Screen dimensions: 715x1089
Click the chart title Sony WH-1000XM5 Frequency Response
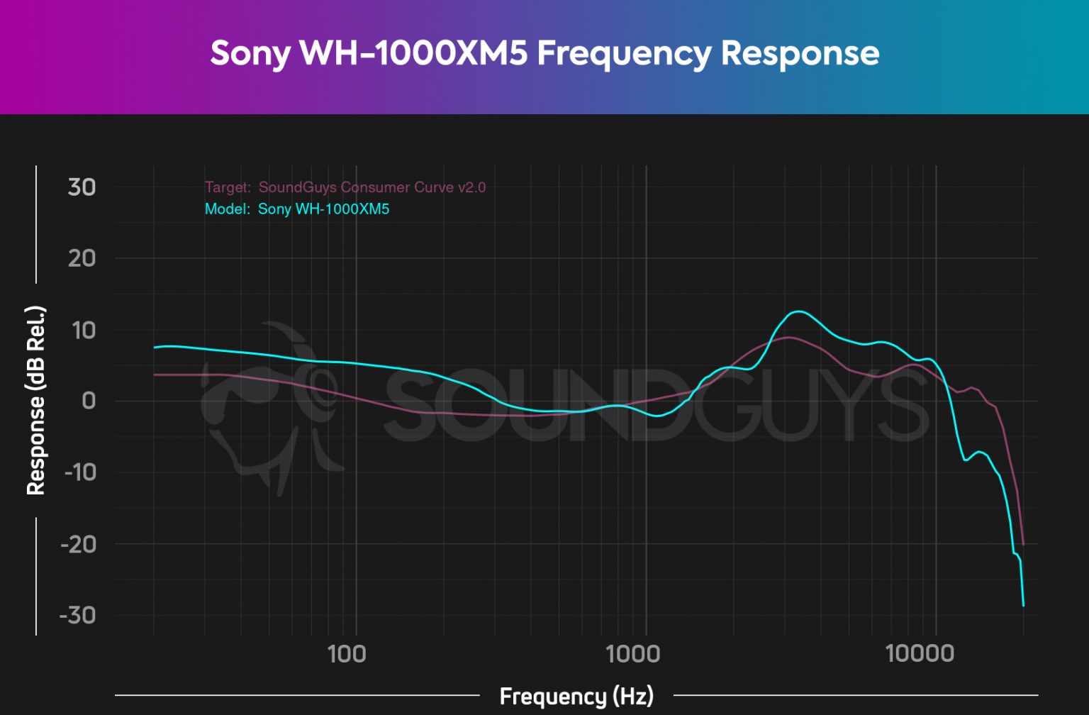(544, 54)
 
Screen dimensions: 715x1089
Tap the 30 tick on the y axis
(82, 187)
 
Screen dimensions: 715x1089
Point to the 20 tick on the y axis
(82, 258)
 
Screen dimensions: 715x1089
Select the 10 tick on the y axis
(82, 330)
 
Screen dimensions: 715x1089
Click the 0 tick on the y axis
(89, 401)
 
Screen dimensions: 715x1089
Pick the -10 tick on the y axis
(79, 472)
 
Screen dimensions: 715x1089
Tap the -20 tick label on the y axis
(78, 544)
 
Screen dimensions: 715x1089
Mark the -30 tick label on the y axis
(78, 615)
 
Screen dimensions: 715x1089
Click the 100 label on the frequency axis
(346, 653)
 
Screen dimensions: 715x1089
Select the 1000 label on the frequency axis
(632, 653)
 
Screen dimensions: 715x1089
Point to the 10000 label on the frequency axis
(919, 653)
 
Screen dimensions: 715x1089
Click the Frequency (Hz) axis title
(576, 696)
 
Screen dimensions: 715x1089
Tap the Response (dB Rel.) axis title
(35, 401)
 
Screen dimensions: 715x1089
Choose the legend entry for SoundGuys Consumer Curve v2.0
(345, 187)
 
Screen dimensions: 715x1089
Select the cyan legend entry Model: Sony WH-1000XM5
(297, 209)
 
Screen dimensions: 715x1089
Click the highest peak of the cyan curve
(798, 311)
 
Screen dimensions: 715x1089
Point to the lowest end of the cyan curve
(1023, 605)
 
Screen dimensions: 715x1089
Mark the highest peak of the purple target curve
(788, 338)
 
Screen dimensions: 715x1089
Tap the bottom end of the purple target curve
(1023, 544)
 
